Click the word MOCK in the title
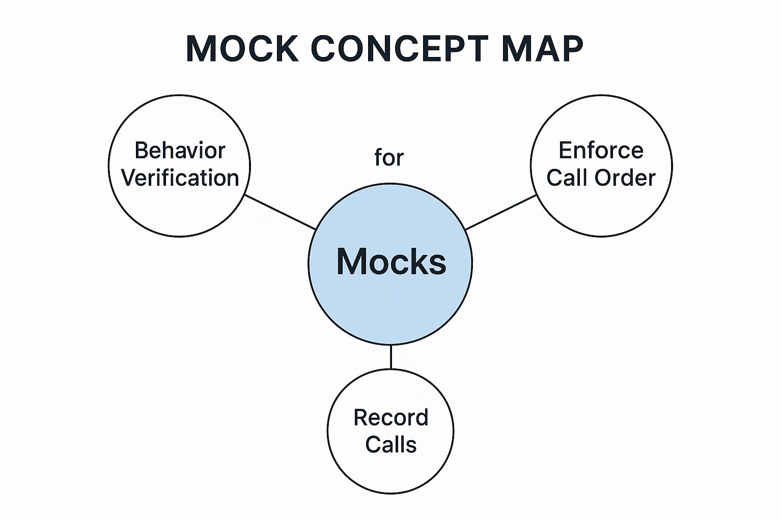(242, 49)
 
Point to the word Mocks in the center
(391, 262)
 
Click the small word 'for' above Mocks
(389, 158)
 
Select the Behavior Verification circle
(180, 214)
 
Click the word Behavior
(180, 151)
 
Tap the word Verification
(180, 178)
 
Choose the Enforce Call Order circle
(601, 214)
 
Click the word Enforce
(601, 151)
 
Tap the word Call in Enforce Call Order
(567, 178)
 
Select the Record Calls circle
(390, 473)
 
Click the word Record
(391, 418)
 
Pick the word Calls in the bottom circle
(391, 445)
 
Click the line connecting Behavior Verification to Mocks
(280, 212)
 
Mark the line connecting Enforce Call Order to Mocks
(501, 212)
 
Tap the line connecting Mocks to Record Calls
(390, 357)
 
